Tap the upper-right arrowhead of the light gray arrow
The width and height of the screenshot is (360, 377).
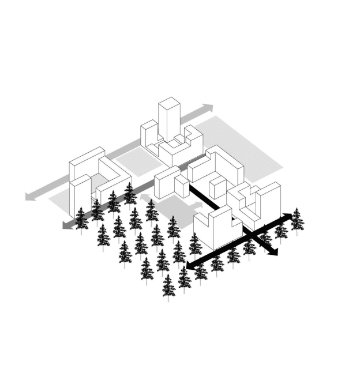[x=208, y=107]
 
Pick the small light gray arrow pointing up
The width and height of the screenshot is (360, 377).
[x=145, y=199]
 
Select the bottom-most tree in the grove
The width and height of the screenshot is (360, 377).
[x=168, y=286]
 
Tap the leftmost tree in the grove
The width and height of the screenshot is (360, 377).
[x=81, y=217]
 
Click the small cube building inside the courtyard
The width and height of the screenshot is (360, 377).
[x=216, y=188]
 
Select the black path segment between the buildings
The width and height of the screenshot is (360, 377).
[x=205, y=199]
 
